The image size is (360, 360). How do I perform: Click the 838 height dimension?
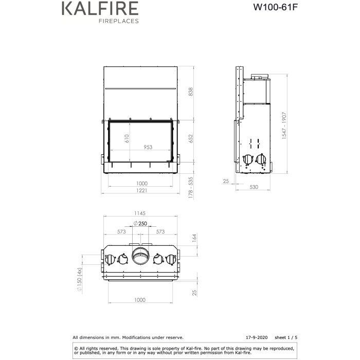click(x=191, y=92)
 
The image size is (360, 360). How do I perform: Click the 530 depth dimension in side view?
click(x=254, y=187)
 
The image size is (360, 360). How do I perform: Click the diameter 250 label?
click(x=140, y=223)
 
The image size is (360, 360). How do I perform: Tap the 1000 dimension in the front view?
click(x=142, y=183)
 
